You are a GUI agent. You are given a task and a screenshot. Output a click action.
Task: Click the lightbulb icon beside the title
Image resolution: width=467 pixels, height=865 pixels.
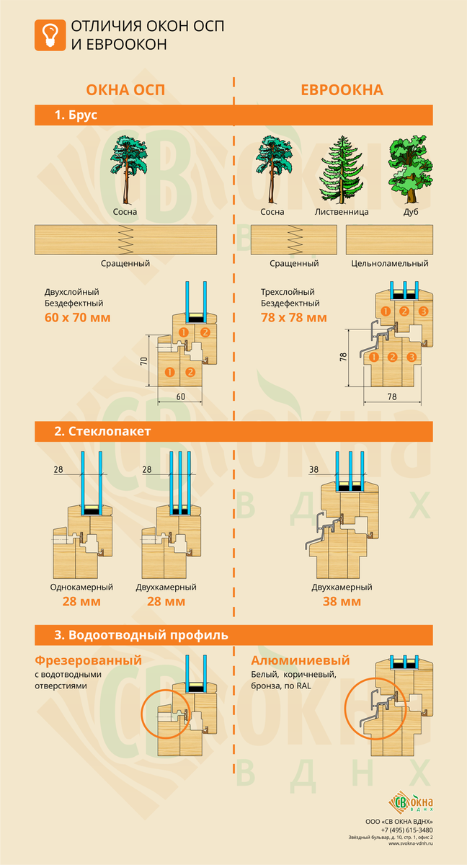click(x=50, y=35)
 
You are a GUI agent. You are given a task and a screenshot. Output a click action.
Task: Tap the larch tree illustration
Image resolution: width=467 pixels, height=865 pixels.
click(x=341, y=170)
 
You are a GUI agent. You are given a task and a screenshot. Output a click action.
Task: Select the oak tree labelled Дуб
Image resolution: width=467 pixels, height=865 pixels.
click(x=410, y=169)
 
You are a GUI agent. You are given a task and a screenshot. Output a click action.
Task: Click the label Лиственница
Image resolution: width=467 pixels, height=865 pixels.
click(x=342, y=212)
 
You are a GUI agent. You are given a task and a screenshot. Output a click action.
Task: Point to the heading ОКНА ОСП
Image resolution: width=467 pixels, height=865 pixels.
click(x=125, y=89)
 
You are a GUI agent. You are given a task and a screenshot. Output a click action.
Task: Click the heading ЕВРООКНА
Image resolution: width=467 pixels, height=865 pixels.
click(x=342, y=89)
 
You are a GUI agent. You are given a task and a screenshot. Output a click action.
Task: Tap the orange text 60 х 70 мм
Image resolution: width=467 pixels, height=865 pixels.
click(x=78, y=317)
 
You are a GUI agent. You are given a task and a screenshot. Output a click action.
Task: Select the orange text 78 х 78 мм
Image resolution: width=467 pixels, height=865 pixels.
click(x=294, y=317)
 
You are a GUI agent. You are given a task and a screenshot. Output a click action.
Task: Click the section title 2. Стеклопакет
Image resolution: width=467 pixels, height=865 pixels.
click(x=102, y=431)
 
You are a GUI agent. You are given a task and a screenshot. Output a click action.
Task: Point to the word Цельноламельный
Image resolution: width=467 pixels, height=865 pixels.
click(x=390, y=263)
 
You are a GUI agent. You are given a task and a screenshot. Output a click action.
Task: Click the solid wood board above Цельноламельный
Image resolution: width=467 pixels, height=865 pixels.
click(x=389, y=240)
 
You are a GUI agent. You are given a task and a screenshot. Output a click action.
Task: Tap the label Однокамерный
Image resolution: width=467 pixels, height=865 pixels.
click(x=81, y=587)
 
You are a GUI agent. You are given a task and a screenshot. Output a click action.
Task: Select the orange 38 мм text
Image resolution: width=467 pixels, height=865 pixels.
click(x=342, y=601)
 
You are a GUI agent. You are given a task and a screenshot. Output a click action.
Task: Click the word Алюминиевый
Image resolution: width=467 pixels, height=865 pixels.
click(x=301, y=660)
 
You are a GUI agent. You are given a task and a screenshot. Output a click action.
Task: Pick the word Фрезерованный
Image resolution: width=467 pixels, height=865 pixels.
click(x=89, y=660)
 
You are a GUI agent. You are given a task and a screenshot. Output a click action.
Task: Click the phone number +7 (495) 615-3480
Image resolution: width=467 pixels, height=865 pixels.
click(x=406, y=830)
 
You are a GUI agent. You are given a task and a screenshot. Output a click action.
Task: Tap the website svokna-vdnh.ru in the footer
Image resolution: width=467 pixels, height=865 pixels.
click(x=411, y=843)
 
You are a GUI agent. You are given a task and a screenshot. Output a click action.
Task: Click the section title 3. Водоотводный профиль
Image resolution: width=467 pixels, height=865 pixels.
click(x=141, y=635)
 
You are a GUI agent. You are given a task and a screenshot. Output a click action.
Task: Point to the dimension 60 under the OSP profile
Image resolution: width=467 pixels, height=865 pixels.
click(x=181, y=396)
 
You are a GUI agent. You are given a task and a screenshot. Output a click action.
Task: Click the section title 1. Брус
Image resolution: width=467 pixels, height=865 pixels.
click(x=76, y=115)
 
